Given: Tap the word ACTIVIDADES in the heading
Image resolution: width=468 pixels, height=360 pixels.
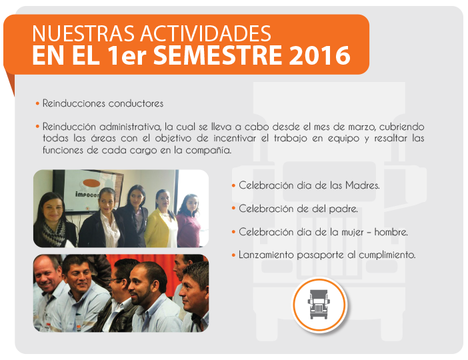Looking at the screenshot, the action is [205, 33].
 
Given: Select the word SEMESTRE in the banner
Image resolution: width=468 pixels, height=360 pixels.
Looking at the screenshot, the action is [217, 55].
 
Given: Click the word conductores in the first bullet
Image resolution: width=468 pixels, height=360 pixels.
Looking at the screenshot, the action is [136, 103].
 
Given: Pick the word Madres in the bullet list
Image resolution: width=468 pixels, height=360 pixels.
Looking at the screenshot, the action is [363, 185].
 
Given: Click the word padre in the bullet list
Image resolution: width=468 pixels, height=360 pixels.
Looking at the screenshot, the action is [343, 209].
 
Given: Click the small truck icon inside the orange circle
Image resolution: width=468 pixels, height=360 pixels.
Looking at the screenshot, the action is [319, 304].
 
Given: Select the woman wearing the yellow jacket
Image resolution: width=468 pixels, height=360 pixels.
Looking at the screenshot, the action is [161, 219].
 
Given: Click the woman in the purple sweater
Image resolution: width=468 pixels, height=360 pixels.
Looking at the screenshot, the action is [189, 221].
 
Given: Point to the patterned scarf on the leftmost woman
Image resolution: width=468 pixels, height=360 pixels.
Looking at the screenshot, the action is [54, 233].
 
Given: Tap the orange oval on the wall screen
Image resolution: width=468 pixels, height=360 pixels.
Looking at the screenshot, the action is [91, 183].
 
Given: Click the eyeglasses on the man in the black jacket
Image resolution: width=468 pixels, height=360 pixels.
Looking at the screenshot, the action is [117, 280].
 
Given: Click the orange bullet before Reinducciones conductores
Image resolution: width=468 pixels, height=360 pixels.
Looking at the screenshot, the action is [37, 103].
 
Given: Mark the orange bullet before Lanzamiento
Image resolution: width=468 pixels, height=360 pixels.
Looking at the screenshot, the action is [233, 255].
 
